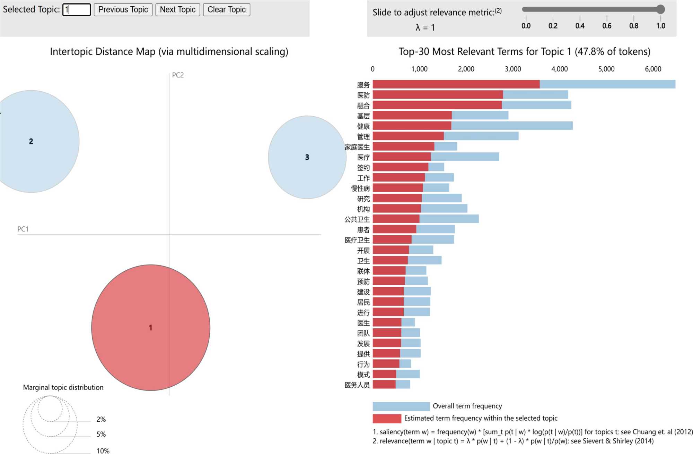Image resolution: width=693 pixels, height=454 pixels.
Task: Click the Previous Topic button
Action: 123,10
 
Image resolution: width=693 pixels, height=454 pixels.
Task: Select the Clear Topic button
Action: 226,10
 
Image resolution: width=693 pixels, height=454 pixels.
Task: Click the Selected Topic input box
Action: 77,10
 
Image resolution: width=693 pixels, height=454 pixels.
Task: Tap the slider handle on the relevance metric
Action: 660,9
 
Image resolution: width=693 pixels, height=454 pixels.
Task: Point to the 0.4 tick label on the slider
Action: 580,26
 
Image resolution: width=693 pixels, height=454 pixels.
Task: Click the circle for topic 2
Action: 31,141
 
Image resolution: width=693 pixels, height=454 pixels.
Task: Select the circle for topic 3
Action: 307,157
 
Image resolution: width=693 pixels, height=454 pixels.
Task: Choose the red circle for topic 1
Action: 151,327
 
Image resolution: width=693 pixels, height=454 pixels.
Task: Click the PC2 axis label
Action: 178,75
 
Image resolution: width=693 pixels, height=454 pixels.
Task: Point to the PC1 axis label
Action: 23,229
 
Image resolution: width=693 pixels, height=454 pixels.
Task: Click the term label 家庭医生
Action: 357,147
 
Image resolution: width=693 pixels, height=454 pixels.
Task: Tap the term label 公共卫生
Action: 357,219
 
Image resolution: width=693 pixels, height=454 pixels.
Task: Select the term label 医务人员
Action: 357,385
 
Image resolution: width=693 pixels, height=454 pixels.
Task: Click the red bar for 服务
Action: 456,84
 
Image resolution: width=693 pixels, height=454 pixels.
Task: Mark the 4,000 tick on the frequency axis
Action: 559,69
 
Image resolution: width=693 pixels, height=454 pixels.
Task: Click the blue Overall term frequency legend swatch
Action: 401,406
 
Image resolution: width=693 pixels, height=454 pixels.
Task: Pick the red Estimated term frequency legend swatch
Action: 387,418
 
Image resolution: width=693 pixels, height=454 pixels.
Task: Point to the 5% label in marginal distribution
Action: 101,434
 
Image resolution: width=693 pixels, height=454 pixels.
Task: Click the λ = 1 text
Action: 425,27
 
